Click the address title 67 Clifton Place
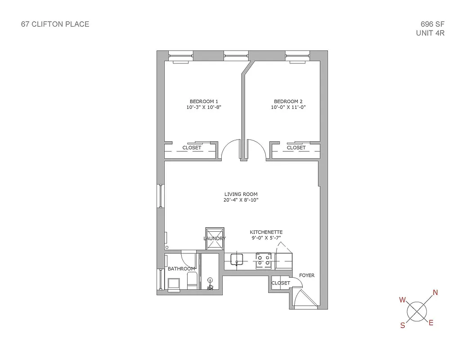coord(55,24)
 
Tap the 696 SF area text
coord(430,24)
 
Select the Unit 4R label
coord(430,33)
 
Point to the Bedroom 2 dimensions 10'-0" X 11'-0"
coord(288,108)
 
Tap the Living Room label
coord(241,194)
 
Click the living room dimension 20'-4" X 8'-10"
coord(241,200)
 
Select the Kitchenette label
coord(266,232)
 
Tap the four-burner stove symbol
coord(264,261)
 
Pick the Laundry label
coord(215,238)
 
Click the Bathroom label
coord(181,269)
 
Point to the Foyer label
coord(307,275)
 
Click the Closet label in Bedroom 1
coord(192,148)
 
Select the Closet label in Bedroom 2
coord(296,148)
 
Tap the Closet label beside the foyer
coord(281,283)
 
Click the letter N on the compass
coord(435,292)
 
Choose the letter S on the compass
coord(403,326)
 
